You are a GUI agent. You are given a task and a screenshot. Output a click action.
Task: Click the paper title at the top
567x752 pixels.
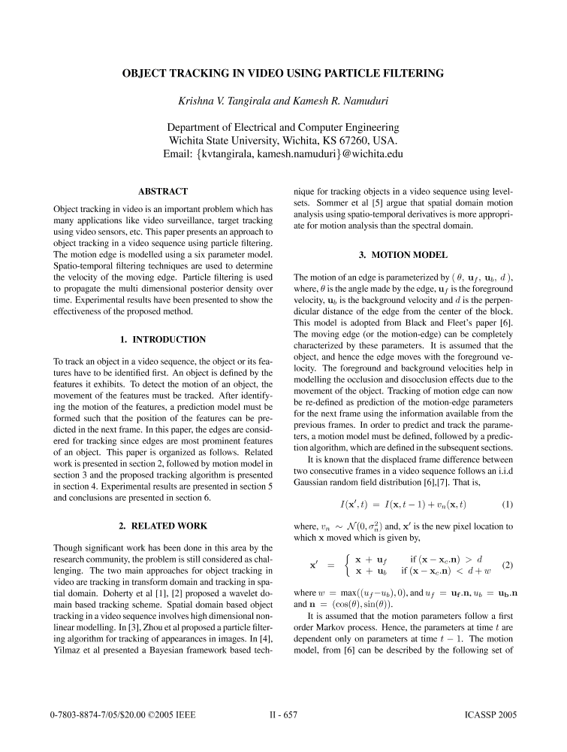283,73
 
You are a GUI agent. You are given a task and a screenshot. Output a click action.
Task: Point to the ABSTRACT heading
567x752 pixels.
163,192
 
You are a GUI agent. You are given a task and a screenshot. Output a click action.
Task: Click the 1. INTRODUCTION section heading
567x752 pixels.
163,340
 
